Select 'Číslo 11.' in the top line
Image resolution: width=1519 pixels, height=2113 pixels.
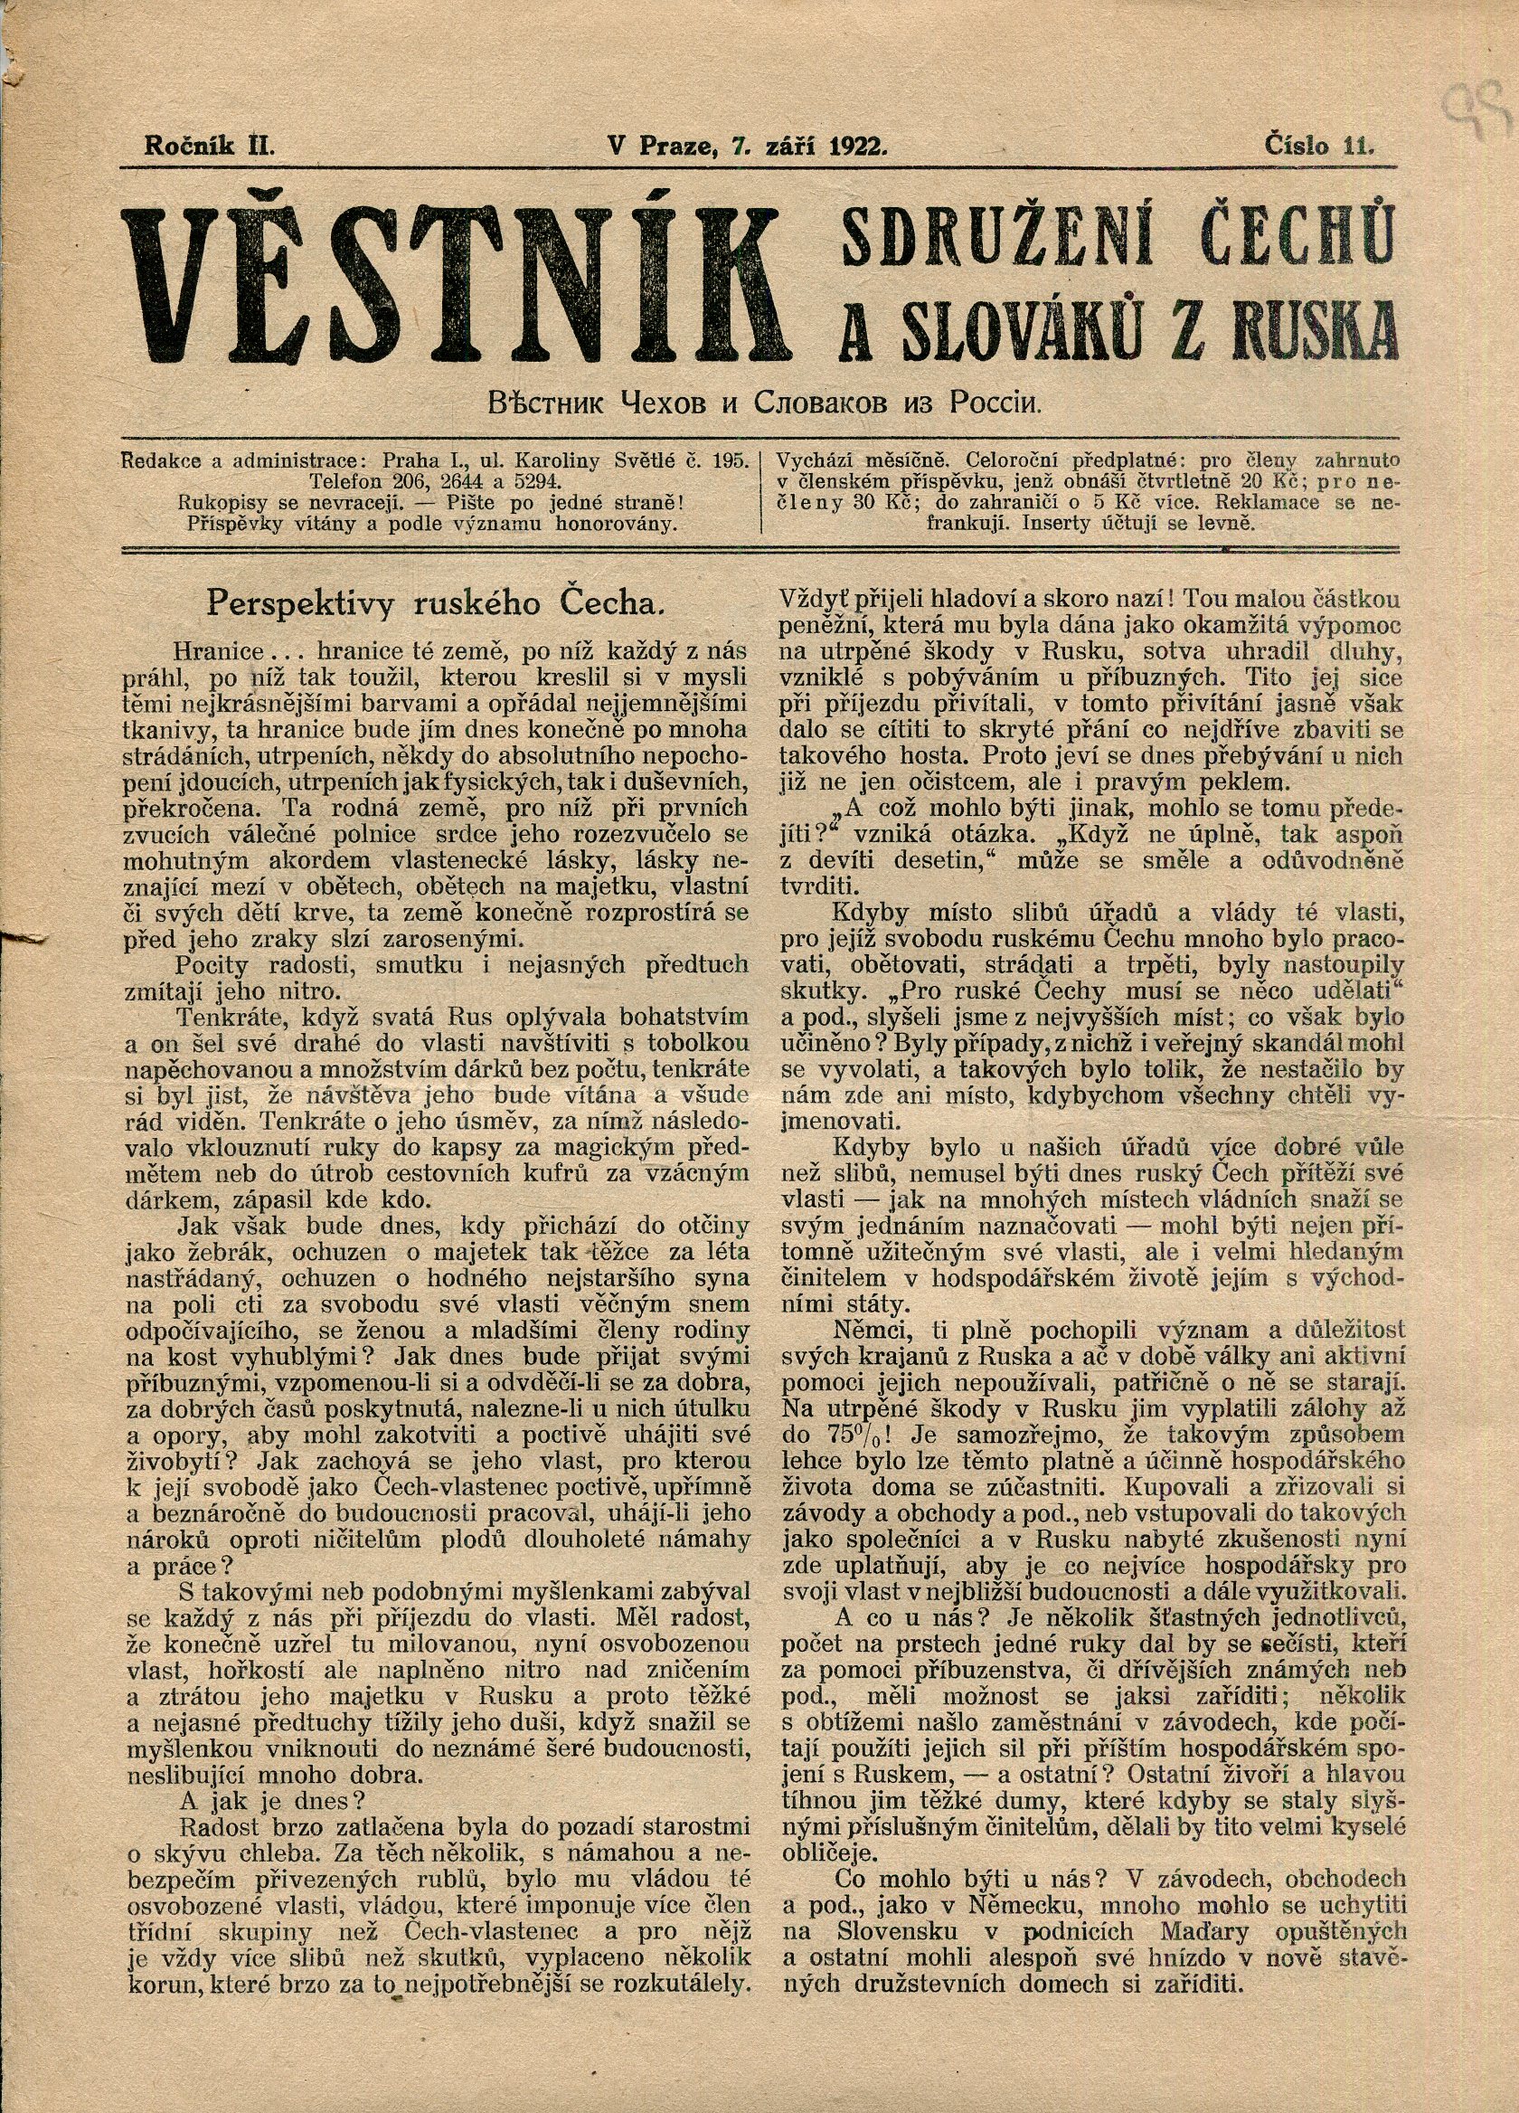tap(1320, 145)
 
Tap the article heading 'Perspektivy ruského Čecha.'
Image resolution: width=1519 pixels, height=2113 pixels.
tap(435, 603)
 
